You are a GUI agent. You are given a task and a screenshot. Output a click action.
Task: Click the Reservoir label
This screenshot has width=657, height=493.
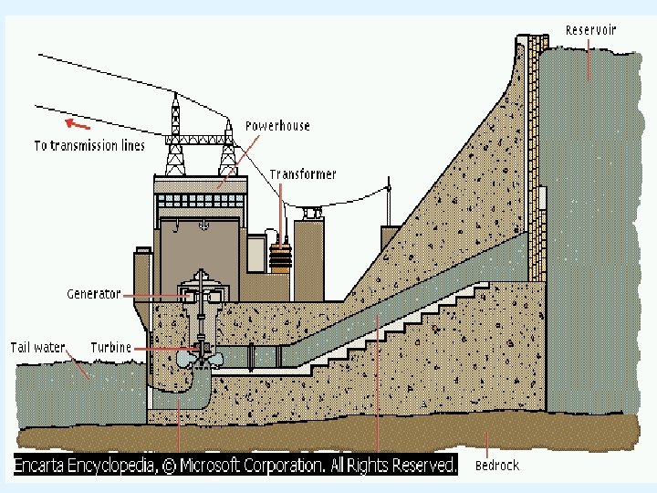click(590, 30)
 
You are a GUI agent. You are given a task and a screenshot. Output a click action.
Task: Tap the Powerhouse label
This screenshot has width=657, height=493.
click(277, 126)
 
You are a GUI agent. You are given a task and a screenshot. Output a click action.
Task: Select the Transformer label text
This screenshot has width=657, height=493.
click(303, 174)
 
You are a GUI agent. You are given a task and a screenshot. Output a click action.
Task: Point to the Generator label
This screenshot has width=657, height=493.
click(94, 294)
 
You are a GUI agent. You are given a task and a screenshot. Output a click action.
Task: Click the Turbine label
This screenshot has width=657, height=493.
click(111, 347)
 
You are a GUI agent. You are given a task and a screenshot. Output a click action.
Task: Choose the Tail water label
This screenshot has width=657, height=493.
click(37, 347)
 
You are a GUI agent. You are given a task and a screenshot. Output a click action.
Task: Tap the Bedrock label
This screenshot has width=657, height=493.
click(497, 465)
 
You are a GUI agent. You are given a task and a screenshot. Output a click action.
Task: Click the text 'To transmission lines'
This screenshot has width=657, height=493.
click(89, 146)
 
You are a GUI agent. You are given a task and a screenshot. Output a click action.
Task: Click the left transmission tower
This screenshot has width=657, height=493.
click(174, 137)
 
